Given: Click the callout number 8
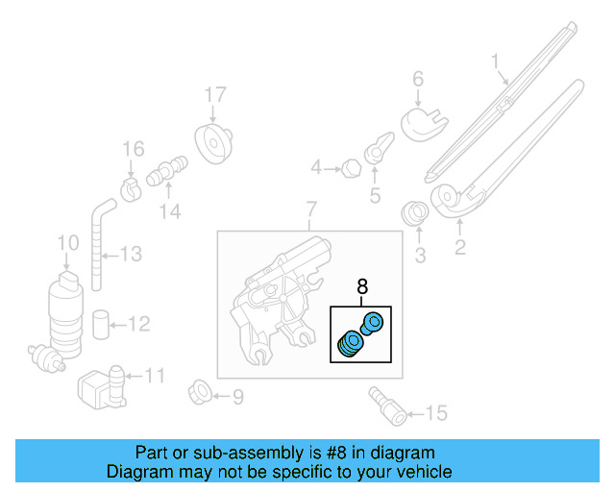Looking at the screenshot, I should click(x=362, y=285).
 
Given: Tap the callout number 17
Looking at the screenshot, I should click(x=214, y=95).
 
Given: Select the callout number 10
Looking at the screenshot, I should click(x=67, y=243).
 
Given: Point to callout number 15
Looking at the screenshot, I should click(x=436, y=414).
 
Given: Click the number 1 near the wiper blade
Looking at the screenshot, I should click(x=496, y=64).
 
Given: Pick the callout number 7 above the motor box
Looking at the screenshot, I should click(x=310, y=209).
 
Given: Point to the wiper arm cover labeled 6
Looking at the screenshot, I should click(x=420, y=122).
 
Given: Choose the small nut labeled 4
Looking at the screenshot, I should click(x=350, y=170).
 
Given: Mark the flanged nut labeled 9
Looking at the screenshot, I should click(x=200, y=394).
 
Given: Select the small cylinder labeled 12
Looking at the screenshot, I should click(x=102, y=324).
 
